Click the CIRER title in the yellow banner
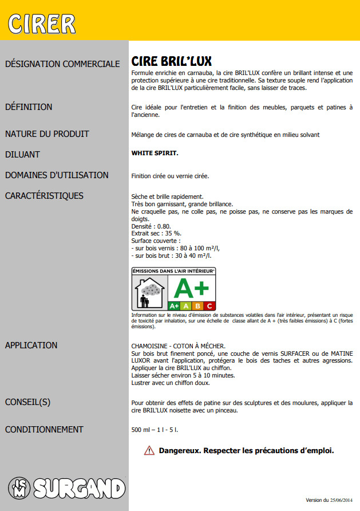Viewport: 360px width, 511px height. point(42,23)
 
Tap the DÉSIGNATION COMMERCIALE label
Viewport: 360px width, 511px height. point(62,64)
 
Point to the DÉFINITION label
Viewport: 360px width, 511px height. point(29,107)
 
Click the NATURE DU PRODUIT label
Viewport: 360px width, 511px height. point(47,134)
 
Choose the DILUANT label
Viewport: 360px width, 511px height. point(22,155)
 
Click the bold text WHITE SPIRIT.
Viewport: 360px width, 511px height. point(155,154)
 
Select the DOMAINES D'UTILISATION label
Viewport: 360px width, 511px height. point(57,175)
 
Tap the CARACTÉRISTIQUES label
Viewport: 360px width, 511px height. point(44,196)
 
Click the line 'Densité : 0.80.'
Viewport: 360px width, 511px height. point(151,226)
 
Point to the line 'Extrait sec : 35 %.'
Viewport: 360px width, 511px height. point(156,233)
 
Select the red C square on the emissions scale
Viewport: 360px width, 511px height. point(209,306)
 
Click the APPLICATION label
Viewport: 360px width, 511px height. point(31,345)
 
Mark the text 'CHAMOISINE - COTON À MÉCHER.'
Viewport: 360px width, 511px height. point(179,345)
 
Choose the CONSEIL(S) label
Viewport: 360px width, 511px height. point(27,402)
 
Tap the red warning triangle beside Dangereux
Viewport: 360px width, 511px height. point(149,450)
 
